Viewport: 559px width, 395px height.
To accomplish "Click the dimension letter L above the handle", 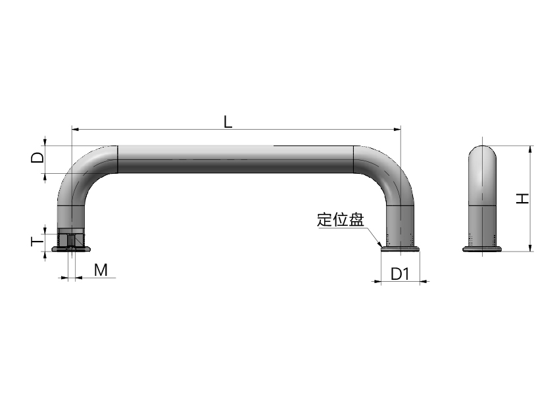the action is click(x=228, y=122).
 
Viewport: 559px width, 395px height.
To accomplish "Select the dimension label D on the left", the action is click(x=37, y=157).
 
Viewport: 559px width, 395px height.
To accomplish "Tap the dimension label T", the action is click(x=37, y=242).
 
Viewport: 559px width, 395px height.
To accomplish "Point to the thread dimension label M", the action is click(x=101, y=270).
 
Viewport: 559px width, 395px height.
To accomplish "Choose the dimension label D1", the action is click(x=400, y=274).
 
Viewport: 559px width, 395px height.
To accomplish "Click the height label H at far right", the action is click(x=523, y=198).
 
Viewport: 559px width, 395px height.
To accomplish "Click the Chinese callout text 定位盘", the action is click(x=341, y=219).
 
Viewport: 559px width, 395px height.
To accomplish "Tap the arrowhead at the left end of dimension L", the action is click(x=75, y=129).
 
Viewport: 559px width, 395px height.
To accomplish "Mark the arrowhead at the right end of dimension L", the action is click(x=397, y=129).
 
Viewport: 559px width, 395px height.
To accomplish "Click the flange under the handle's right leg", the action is click(x=400, y=249).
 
